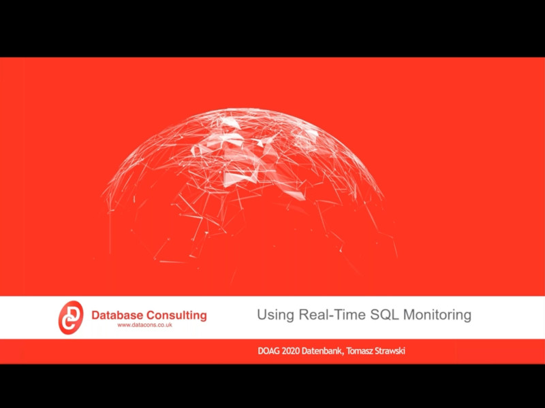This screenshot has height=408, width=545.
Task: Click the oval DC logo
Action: tap(71, 318)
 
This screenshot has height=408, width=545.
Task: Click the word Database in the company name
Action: tap(117, 316)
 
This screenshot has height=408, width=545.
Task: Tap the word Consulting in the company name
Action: tap(176, 316)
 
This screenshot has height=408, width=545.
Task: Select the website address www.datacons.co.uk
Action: tap(145, 325)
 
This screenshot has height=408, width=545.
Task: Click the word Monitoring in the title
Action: tap(437, 316)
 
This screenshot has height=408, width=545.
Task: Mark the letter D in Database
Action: tap(95, 316)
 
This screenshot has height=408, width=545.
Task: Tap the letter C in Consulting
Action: tap(151, 316)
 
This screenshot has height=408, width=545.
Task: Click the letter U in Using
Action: tap(262, 315)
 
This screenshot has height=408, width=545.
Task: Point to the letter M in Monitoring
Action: tap(409, 315)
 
